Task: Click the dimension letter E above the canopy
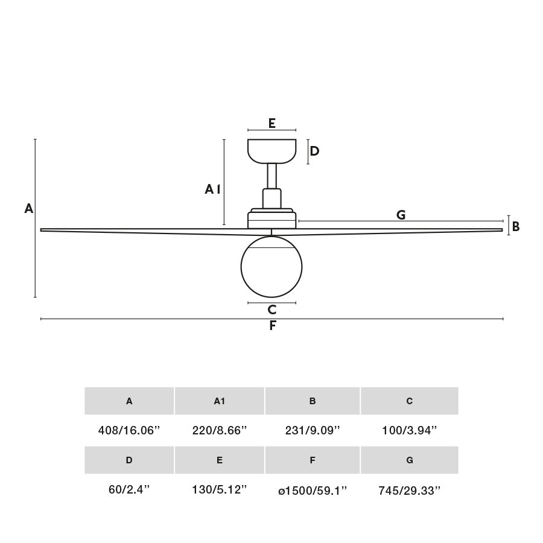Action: click(x=272, y=123)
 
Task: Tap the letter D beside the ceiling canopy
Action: click(x=314, y=151)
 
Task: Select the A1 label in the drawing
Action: click(x=212, y=189)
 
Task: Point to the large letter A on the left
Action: click(x=28, y=209)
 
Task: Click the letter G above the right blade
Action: click(x=401, y=215)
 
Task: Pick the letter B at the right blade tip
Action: click(x=516, y=227)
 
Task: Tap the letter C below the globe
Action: click(x=272, y=310)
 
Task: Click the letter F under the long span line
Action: click(x=273, y=326)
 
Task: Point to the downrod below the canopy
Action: click(x=272, y=176)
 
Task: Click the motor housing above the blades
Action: click(x=272, y=219)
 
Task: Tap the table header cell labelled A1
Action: click(x=220, y=401)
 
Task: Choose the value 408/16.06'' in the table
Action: click(x=129, y=431)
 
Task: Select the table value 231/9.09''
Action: click(x=313, y=431)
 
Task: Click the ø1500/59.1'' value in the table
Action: click(x=313, y=491)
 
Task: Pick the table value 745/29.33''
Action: click(x=410, y=491)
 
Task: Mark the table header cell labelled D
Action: click(x=129, y=460)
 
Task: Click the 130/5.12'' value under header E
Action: click(x=220, y=490)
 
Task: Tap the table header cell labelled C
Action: click(x=410, y=401)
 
